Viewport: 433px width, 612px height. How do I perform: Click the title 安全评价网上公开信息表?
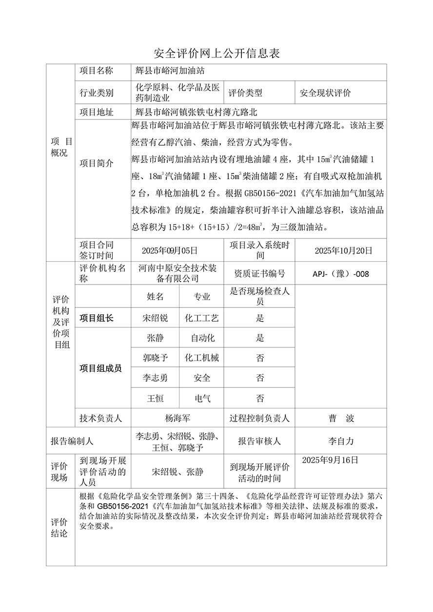coord(216,53)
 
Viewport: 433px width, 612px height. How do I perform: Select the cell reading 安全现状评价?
coord(325,92)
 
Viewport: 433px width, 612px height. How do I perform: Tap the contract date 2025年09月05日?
coord(170,251)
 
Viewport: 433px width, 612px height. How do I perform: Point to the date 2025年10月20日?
coord(343,251)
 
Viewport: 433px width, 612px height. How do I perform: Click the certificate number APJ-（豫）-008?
coord(341,274)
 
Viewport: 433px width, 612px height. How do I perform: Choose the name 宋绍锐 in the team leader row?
coord(155,318)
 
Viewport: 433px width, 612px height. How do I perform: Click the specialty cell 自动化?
coord(202,338)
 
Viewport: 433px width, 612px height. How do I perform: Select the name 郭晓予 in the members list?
coord(155,358)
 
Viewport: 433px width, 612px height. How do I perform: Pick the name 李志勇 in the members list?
coord(155,378)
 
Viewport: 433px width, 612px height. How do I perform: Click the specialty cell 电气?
coord(202,398)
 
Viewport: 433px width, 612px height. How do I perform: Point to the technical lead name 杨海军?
coord(178,418)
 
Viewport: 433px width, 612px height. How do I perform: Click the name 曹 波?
coord(341,418)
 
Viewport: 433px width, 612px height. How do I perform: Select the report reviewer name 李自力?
coord(341,441)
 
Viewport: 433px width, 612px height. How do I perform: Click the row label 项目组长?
coord(97,318)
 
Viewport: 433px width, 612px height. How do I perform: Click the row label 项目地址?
coord(97,112)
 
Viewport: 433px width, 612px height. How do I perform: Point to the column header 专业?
coord(202,297)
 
